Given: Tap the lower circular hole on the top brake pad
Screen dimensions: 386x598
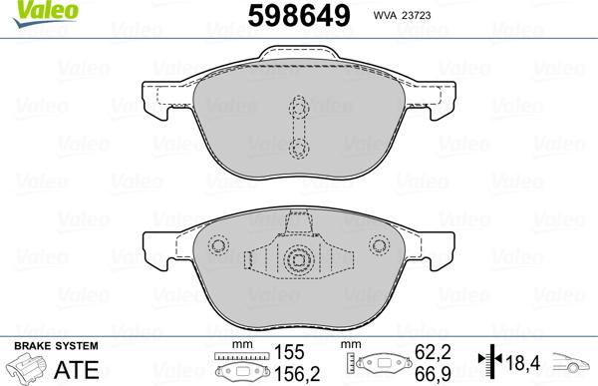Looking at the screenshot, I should point(297,147).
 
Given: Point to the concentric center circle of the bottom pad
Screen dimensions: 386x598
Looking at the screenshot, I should point(297,260).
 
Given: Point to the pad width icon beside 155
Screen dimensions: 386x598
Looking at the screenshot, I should point(242,366).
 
